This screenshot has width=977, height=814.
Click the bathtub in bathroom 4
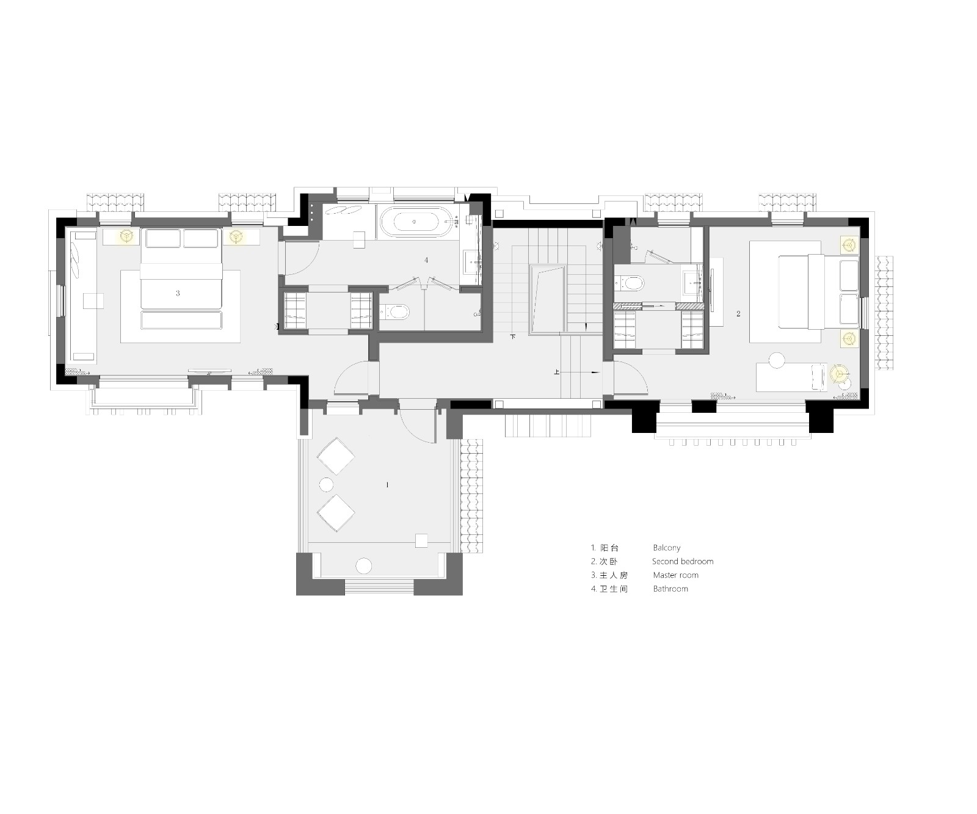pos(415,222)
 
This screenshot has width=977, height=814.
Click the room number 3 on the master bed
pos(178,293)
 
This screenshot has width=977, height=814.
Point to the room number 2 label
pos(738,314)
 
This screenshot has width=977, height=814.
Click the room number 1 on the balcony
pos(387,485)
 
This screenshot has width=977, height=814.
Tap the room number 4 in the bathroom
pos(426,260)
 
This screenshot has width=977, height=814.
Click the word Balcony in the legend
pos(666,548)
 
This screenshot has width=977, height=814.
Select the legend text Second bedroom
pos(683,562)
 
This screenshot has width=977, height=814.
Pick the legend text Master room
pos(675,575)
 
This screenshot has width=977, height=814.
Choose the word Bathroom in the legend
pos(670,589)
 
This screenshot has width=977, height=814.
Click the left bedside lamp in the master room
pos(127,236)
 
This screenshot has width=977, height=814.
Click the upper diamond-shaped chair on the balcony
pos(335,456)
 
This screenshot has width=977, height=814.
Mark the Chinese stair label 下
pos(513,336)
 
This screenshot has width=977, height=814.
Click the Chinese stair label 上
pos(557,371)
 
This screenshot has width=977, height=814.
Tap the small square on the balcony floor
pos(421,540)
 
